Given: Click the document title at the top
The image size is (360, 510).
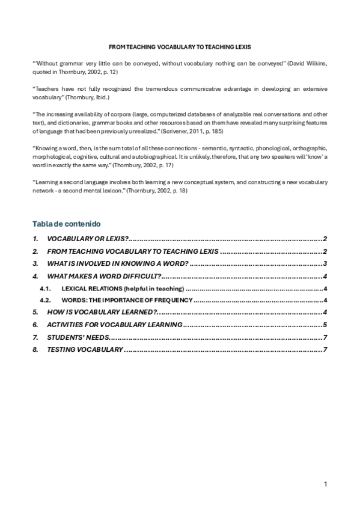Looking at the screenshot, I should (x=180, y=46).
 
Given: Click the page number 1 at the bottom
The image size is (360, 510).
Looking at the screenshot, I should (x=325, y=484).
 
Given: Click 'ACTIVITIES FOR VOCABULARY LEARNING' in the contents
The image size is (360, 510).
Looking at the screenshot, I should (x=115, y=325).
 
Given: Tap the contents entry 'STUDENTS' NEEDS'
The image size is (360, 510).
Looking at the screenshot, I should (x=76, y=337).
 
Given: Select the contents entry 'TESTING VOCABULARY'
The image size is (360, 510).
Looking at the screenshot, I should (x=85, y=349).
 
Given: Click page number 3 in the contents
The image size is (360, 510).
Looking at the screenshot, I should (x=325, y=263).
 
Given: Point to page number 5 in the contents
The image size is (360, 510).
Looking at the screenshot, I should (x=325, y=325).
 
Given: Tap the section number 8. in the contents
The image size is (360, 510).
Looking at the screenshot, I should (x=35, y=349).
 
